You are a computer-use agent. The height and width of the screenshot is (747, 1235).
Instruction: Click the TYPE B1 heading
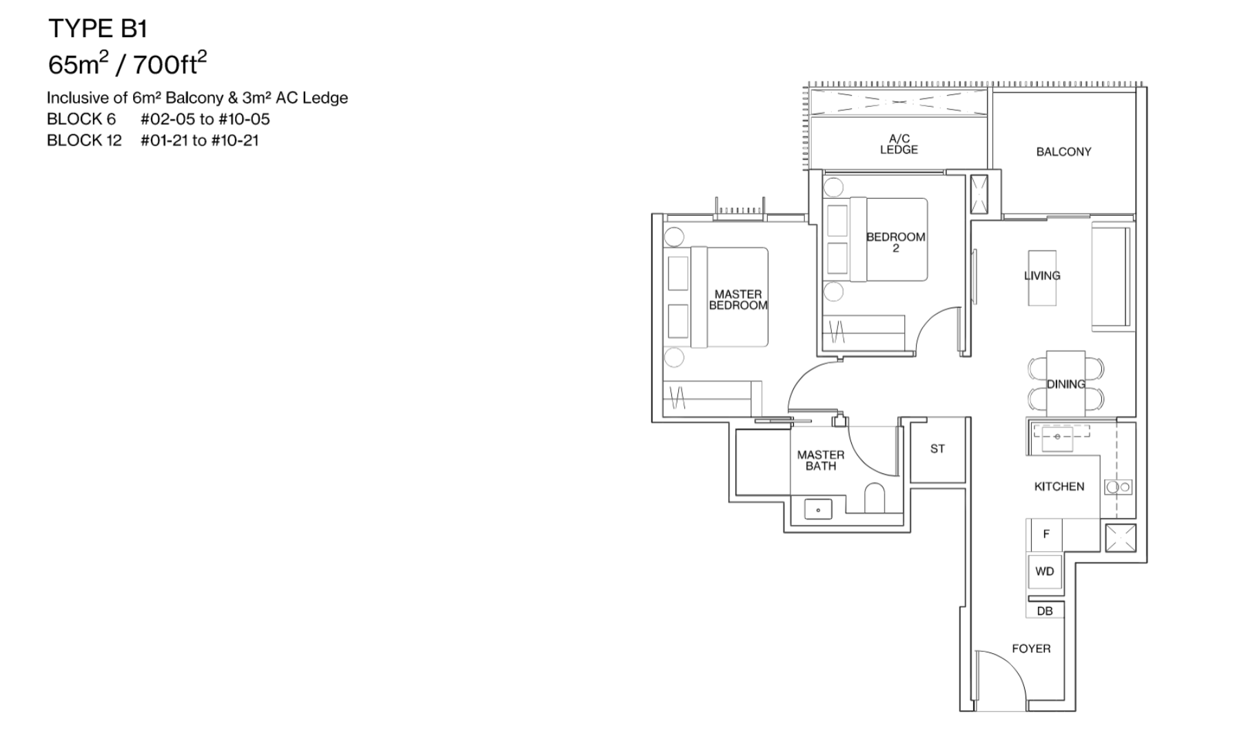[98, 29]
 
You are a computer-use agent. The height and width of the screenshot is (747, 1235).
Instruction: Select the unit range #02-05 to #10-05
[205, 119]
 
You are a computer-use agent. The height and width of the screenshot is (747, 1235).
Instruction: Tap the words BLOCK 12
[84, 141]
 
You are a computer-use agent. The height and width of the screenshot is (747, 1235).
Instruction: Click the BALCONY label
[1063, 152]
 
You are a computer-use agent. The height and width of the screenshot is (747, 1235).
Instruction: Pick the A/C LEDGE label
[899, 145]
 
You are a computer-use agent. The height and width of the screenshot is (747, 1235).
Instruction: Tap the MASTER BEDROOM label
[737, 300]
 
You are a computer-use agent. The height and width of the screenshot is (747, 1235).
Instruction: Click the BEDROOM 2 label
[895, 242]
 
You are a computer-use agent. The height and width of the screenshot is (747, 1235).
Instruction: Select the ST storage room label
[937, 449]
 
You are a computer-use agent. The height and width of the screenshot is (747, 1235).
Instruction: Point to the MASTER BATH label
[820, 460]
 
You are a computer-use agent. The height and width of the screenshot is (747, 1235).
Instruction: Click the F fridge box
[1045, 534]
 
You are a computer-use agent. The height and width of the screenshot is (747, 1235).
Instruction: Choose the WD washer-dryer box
[1045, 571]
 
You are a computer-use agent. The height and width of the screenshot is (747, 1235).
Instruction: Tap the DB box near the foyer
[1045, 611]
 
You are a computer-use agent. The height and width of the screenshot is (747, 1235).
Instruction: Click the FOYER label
[1031, 648]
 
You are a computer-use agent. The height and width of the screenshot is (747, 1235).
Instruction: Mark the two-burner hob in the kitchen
[1118, 487]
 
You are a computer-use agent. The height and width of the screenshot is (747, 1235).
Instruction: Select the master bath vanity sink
[818, 510]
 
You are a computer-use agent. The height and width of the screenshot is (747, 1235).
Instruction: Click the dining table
[1065, 384]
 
